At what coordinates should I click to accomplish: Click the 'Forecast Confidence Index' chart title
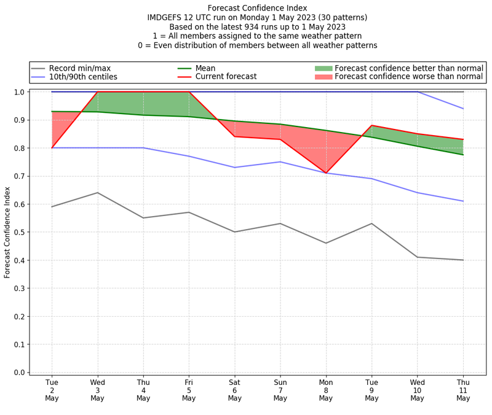[x=257, y=8]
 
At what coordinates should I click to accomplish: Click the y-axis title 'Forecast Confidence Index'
[x=7, y=232]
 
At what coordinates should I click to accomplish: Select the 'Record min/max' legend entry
[x=79, y=68]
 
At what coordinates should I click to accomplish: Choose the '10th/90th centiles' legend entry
[x=83, y=77]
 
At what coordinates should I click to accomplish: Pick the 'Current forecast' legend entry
[x=226, y=77]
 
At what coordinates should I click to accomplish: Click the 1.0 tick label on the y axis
[x=19, y=92]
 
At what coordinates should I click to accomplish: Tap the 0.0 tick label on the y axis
[x=19, y=373]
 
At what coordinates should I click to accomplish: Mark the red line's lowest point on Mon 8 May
[x=326, y=173]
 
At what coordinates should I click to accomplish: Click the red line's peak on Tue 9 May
[x=371, y=125]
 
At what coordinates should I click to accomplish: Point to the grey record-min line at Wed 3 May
[x=97, y=193]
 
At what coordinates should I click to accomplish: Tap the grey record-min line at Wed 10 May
[x=418, y=257]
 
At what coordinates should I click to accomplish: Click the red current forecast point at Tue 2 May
[x=52, y=148]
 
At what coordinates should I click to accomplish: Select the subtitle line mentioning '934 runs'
[x=257, y=26]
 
